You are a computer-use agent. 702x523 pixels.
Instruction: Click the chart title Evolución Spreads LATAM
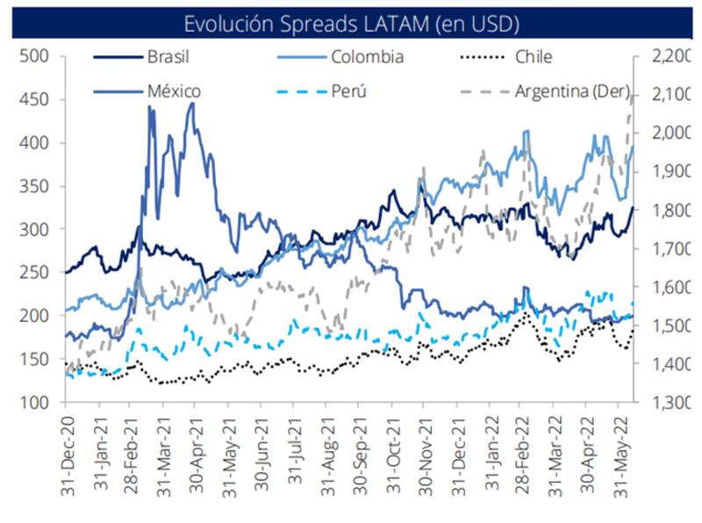tap(351, 20)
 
